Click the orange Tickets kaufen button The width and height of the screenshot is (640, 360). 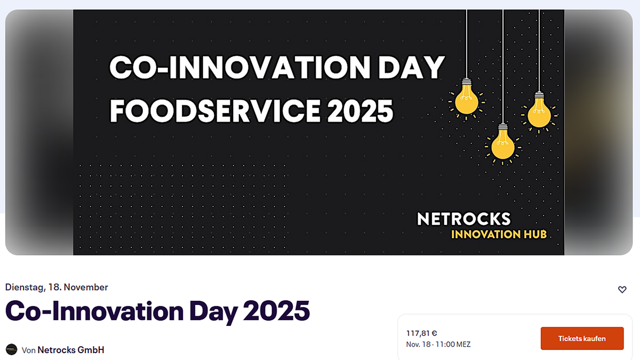[x=582, y=338]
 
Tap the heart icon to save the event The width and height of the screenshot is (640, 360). [x=622, y=290]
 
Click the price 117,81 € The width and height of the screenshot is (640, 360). [x=421, y=333]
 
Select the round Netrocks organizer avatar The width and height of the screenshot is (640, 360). [x=12, y=349]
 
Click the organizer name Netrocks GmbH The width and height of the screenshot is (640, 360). [x=71, y=350]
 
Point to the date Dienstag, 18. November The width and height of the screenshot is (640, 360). [x=57, y=287]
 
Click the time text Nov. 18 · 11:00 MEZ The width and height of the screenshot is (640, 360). [x=438, y=345]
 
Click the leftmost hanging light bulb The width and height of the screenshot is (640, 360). [x=466, y=99]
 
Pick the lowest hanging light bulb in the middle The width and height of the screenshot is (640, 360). [x=503, y=144]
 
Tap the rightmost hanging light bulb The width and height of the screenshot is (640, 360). [x=539, y=112]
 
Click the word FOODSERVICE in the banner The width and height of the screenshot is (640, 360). [x=215, y=111]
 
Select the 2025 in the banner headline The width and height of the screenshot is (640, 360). [x=361, y=111]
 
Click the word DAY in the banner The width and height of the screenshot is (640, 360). [x=411, y=67]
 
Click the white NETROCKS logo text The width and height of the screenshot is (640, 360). [x=463, y=219]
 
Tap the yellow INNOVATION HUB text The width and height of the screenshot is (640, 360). [x=499, y=234]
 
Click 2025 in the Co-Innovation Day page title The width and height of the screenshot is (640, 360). [x=276, y=310]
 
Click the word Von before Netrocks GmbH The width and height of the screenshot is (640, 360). [x=29, y=350]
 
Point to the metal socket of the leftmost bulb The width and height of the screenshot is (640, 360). [x=467, y=82]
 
